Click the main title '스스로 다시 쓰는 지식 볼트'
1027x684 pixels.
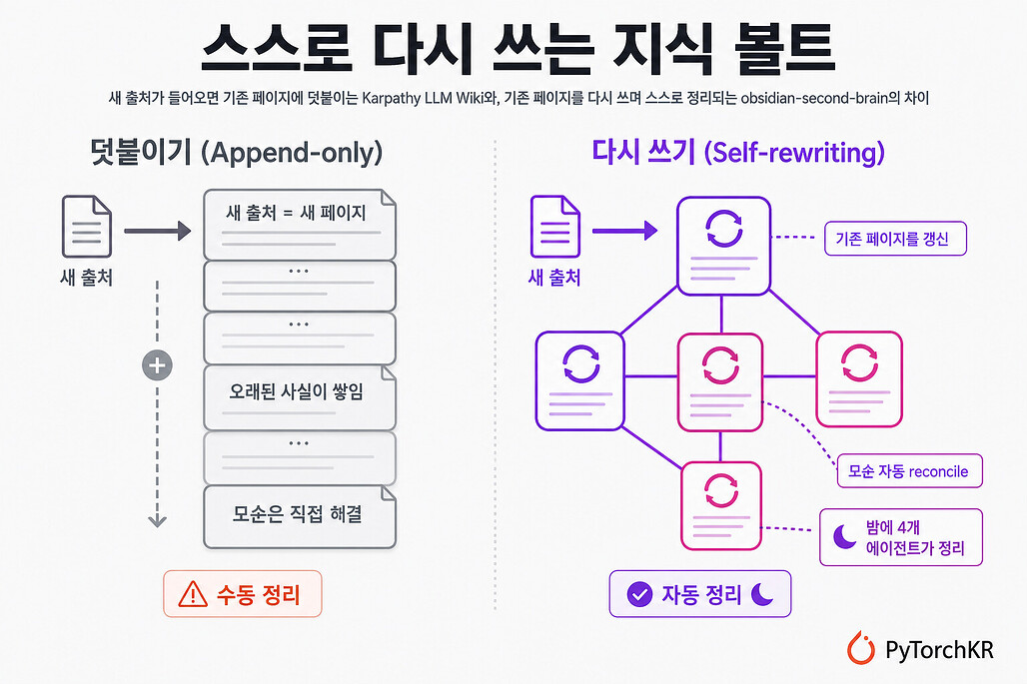tap(518, 48)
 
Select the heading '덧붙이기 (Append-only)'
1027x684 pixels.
tap(237, 153)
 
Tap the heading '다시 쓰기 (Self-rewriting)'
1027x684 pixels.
tap(738, 153)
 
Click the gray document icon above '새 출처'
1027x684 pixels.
tap(87, 227)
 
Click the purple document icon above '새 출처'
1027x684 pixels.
tap(554, 227)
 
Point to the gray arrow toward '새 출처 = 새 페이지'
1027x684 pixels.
tap(157, 231)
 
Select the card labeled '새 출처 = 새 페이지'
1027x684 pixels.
tap(300, 225)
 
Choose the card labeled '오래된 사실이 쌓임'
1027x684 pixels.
tap(300, 397)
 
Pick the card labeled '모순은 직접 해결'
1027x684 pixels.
tap(300, 516)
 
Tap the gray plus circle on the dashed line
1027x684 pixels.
tap(157, 365)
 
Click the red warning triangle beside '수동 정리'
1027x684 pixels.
tap(193, 594)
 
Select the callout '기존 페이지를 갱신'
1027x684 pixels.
tap(895, 239)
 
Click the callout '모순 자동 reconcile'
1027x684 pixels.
tap(910, 470)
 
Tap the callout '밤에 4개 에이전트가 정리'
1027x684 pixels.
tap(901, 537)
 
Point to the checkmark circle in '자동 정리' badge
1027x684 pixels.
tap(639, 594)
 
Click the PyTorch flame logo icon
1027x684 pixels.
tap(860, 648)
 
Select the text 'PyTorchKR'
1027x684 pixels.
tap(939, 650)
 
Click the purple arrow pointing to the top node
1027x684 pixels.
tap(624, 231)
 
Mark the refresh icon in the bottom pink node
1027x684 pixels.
tap(721, 490)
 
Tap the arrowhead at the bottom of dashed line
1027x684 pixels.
tap(157, 521)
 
